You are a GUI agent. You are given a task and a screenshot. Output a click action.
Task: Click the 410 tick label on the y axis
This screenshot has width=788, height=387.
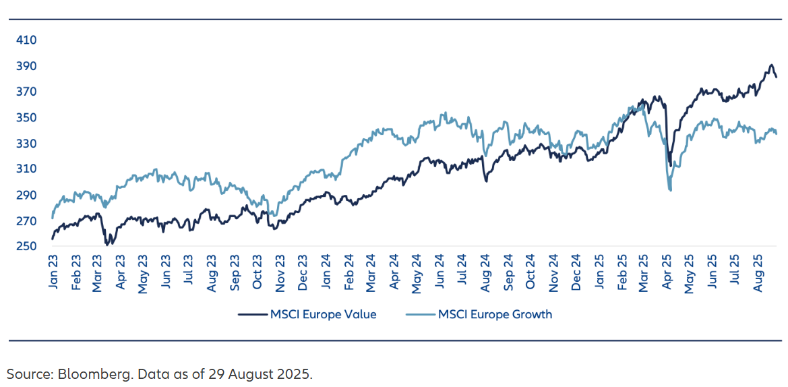click(x=27, y=40)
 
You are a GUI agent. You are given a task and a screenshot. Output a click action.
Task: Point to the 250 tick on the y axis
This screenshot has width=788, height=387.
click(x=27, y=247)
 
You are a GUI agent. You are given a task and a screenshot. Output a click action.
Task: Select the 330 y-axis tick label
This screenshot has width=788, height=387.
click(x=27, y=144)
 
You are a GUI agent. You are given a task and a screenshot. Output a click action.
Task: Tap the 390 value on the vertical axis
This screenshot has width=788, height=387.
click(x=27, y=66)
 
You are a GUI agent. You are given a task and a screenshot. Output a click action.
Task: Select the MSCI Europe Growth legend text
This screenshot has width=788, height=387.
click(x=495, y=314)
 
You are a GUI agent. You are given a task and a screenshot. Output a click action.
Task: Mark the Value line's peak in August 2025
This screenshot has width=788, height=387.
click(x=771, y=65)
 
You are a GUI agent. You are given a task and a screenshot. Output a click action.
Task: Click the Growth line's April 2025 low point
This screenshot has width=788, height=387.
click(x=670, y=190)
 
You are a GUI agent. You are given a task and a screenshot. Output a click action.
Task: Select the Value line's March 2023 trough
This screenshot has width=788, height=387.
click(x=107, y=244)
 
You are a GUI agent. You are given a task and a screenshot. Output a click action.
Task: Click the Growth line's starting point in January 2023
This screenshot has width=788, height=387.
click(x=53, y=218)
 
